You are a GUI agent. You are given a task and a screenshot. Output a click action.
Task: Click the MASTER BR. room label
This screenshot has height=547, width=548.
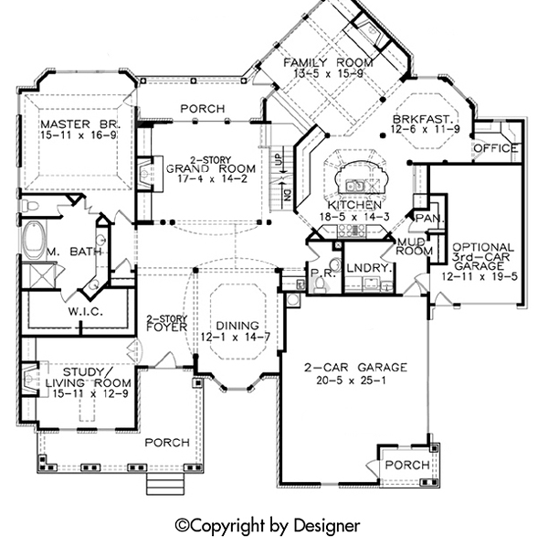(x=80, y=124)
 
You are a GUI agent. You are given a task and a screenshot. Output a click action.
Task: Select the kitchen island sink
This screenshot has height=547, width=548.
(x=355, y=185)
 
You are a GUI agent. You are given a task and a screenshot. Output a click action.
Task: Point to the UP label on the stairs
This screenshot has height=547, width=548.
(x=279, y=159)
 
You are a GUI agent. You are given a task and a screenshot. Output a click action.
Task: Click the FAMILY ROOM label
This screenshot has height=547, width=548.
(x=328, y=62)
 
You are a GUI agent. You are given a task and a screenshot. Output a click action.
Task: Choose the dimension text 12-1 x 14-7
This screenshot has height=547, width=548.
(x=236, y=338)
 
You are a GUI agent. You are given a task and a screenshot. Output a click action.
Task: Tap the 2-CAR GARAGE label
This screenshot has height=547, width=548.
(x=356, y=368)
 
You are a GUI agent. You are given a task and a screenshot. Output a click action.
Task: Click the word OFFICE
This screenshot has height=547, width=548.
(x=496, y=148)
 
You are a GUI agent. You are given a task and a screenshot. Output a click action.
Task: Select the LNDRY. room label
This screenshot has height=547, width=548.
(x=369, y=268)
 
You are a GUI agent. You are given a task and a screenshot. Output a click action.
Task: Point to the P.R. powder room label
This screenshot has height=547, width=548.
(x=323, y=273)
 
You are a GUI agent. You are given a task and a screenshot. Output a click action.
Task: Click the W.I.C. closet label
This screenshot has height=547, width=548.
(x=86, y=312)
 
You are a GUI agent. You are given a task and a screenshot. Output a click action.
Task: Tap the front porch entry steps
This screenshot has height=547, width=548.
(x=165, y=484)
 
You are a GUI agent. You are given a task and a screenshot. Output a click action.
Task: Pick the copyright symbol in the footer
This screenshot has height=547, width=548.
(x=182, y=526)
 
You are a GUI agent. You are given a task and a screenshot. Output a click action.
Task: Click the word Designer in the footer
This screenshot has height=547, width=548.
(x=327, y=526)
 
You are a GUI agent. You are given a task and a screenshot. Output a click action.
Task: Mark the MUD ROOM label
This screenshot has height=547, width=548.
(x=415, y=246)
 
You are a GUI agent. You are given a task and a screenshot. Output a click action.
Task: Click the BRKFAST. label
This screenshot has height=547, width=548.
(x=426, y=119)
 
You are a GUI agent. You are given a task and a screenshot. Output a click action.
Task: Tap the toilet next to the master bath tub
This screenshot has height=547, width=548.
(x=30, y=206)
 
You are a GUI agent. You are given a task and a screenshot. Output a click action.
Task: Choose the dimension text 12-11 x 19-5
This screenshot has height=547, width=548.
(x=479, y=277)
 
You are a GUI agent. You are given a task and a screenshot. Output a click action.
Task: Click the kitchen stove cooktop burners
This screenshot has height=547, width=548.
(x=351, y=230)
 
